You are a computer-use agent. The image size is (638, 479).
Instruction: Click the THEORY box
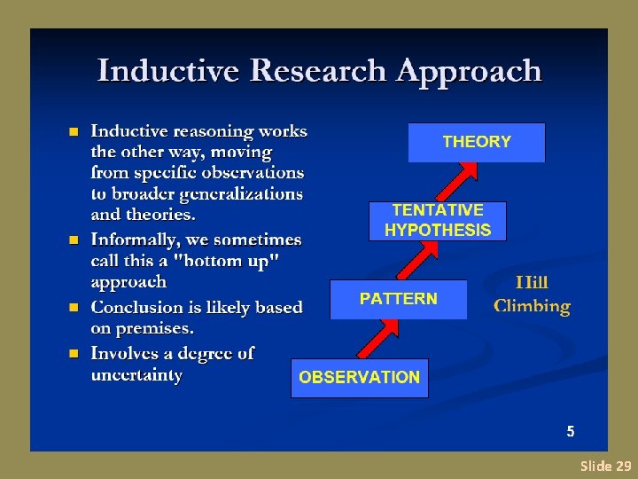click(x=476, y=142)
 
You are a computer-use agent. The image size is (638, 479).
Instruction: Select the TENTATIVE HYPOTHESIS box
click(x=437, y=221)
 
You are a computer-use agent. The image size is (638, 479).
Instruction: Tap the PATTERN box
click(x=398, y=299)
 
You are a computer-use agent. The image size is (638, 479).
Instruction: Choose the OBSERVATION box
click(x=359, y=378)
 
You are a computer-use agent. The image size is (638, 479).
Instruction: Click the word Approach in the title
click(x=470, y=70)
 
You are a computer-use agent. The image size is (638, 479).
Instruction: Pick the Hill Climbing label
click(x=532, y=294)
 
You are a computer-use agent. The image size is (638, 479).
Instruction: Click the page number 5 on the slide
click(x=571, y=432)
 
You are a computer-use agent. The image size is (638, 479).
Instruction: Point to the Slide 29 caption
click(x=605, y=466)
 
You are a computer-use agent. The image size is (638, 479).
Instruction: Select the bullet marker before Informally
click(x=74, y=240)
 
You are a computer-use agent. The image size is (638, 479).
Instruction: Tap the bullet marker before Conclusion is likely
click(x=74, y=308)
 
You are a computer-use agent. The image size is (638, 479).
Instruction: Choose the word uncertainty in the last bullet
click(x=136, y=374)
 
